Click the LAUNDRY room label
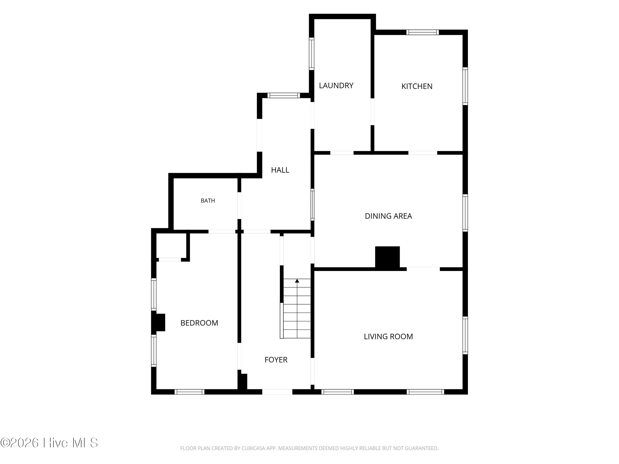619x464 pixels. [336, 86]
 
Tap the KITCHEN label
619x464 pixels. [417, 86]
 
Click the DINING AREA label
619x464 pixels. [388, 216]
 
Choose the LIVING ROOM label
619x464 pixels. [388, 337]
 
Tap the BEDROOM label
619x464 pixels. [199, 323]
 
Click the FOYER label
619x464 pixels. [276, 360]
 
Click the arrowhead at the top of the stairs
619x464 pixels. [297, 280]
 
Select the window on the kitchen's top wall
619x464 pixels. [423, 32]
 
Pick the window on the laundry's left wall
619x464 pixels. [311, 54]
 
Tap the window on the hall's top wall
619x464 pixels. [284, 95]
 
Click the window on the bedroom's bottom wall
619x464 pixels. [189, 392]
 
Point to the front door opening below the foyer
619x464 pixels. [277, 392]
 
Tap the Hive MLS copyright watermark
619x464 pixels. [49, 443]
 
